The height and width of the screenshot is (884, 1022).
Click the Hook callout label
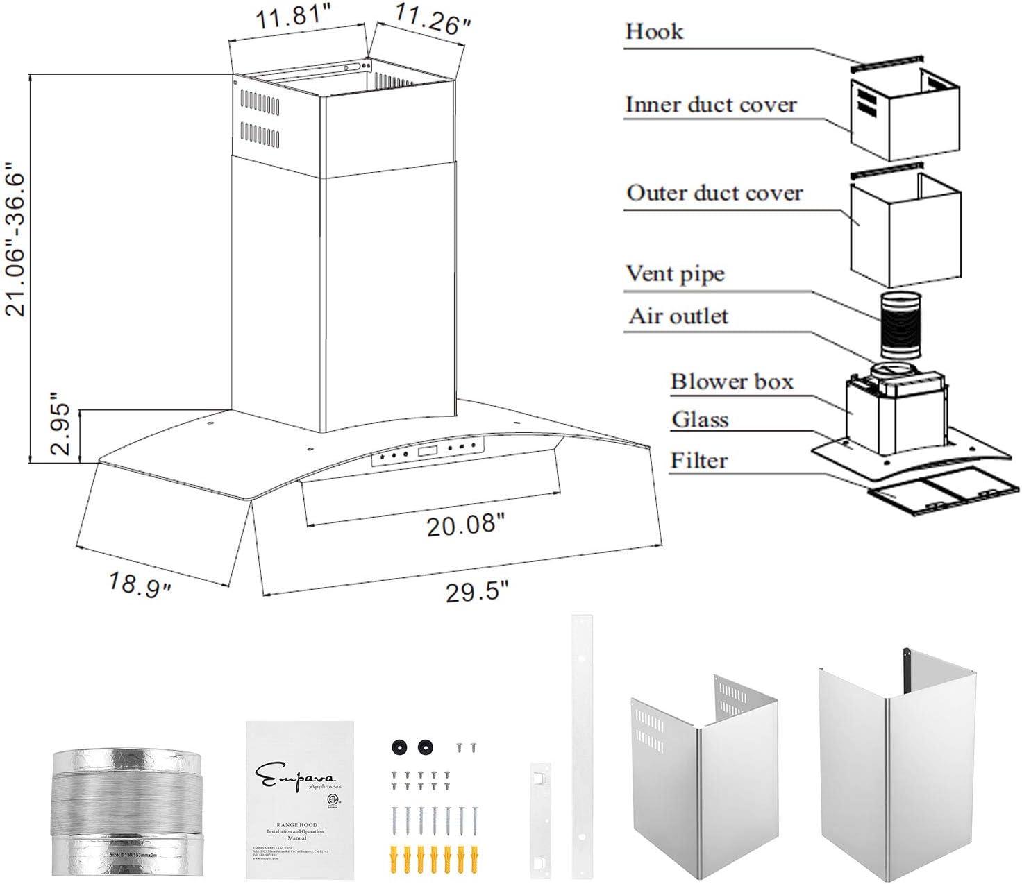point(653,31)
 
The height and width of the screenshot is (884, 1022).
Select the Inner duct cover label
point(710,105)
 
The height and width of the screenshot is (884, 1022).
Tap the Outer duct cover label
point(714,193)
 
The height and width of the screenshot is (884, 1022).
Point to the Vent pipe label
point(675,273)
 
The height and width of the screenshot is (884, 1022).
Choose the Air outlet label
point(678,316)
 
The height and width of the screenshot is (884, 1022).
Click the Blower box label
point(731,382)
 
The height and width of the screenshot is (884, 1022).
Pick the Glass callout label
point(699,420)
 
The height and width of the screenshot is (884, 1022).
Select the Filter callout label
point(698,461)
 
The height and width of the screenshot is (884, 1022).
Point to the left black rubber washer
point(398,747)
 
